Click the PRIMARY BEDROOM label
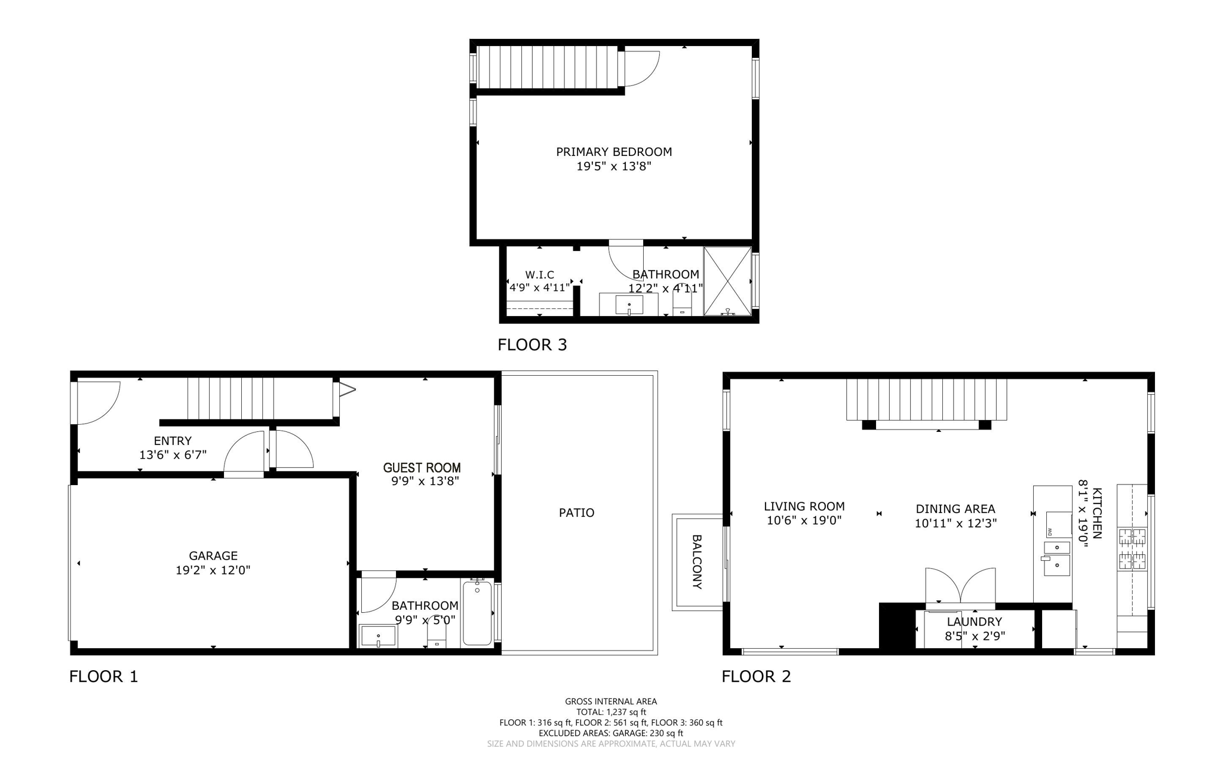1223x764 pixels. (x=614, y=152)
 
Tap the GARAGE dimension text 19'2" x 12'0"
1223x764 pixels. (x=213, y=570)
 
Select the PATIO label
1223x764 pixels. (x=576, y=513)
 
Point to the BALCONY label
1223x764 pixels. (x=697, y=562)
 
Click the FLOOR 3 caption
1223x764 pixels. (x=532, y=345)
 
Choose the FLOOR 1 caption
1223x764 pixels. (x=103, y=676)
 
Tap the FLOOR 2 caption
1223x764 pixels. (x=756, y=676)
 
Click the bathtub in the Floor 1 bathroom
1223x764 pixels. (x=477, y=613)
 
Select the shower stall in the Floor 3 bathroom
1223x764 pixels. (x=727, y=281)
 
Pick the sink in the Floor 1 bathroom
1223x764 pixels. (x=378, y=636)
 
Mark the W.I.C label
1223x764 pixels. (x=539, y=275)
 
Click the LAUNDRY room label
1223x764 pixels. (x=974, y=622)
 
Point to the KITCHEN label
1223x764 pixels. (x=1097, y=513)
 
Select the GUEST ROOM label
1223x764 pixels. (x=422, y=468)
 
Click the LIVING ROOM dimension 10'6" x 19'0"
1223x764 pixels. (x=804, y=520)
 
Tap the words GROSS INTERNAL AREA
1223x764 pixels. (x=611, y=701)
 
